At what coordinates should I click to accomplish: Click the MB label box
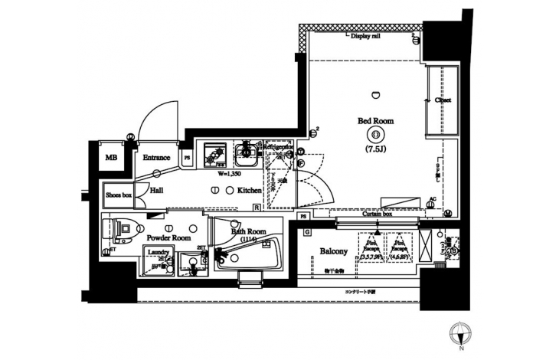coord(113,159)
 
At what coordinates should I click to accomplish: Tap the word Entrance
coord(156,158)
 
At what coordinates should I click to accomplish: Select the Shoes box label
coord(118,195)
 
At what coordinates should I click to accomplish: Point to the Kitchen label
coord(250,189)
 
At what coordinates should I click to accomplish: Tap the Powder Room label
coord(169,238)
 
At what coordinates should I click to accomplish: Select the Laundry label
coord(159,252)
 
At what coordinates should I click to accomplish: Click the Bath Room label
coord(250,231)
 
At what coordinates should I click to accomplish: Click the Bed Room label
coord(375,120)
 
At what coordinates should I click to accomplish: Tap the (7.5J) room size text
coord(375,149)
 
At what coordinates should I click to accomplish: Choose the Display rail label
coord(366,36)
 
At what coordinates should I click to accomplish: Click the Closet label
coord(443,100)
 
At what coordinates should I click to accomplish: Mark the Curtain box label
coord(376,214)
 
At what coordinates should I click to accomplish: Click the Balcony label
coord(334,251)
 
